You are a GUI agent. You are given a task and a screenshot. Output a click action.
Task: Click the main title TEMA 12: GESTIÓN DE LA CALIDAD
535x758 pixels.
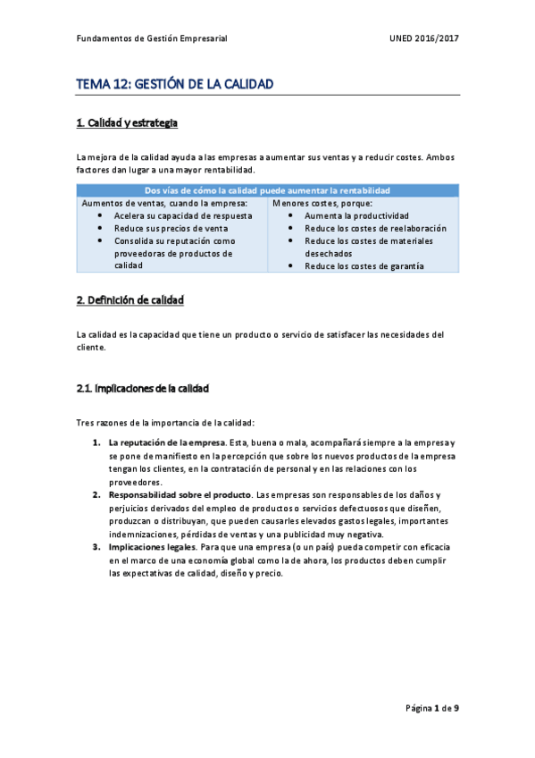(174, 84)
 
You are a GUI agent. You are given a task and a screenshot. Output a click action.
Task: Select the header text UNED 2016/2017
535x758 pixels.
(424, 39)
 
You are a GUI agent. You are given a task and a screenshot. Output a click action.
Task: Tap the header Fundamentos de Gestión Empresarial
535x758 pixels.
(152, 39)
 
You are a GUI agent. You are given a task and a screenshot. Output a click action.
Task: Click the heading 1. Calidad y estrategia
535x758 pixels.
(132, 123)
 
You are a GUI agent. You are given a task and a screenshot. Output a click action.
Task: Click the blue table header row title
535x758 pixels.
(268, 190)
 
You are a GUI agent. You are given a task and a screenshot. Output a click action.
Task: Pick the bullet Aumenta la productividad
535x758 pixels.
(356, 216)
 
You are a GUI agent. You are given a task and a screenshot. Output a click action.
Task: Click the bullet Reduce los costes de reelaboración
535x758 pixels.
(375, 229)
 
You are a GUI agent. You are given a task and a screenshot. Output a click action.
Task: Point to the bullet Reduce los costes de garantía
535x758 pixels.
(364, 266)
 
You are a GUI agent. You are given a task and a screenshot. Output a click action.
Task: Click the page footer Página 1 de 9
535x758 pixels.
(432, 709)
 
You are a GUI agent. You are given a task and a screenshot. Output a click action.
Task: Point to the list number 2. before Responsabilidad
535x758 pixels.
(96, 495)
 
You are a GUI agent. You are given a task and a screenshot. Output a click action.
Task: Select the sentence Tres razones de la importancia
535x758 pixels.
(165, 422)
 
